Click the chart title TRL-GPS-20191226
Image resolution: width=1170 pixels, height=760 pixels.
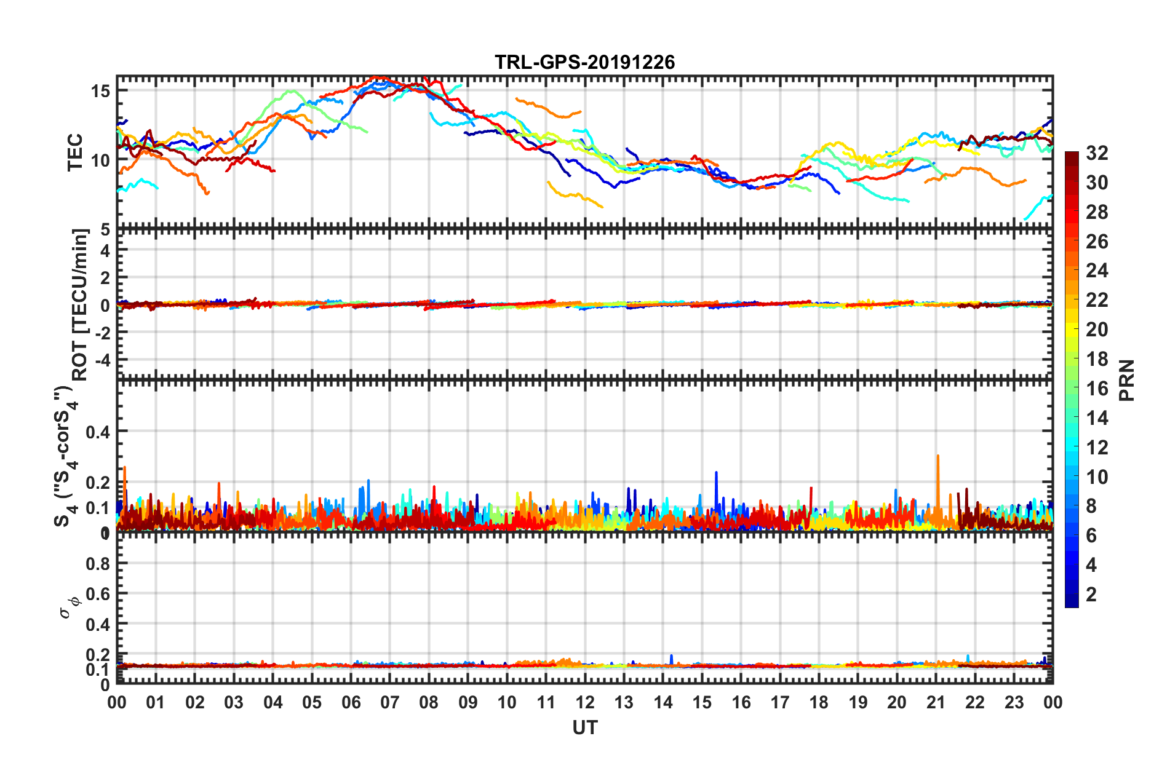[x=584, y=62]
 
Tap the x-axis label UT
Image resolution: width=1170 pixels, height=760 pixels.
[x=584, y=728]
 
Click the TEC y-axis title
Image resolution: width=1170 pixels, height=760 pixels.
[x=75, y=152]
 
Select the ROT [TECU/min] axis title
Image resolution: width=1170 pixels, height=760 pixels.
[x=81, y=305]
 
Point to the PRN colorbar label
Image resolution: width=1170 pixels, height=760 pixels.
[x=1126, y=381]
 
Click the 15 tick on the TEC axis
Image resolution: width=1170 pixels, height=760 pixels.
[x=100, y=92]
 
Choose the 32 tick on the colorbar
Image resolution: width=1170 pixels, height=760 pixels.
[x=1097, y=153]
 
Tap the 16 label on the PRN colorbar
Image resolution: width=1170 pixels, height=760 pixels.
[x=1097, y=389]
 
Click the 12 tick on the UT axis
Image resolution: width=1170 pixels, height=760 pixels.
[x=585, y=702]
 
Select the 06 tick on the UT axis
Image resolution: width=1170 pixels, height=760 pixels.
[x=351, y=702]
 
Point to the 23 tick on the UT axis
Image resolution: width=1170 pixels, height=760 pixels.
[x=1014, y=702]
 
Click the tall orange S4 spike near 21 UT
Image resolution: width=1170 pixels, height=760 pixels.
[x=937, y=456]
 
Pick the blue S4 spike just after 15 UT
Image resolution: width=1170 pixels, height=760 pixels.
[x=716, y=473]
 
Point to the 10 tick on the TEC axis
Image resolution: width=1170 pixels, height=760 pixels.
[x=100, y=161]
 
